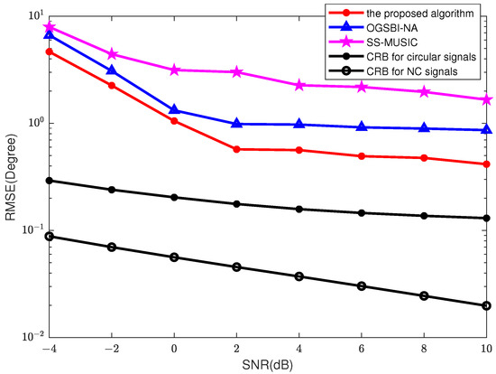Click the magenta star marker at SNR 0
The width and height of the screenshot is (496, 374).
click(174, 70)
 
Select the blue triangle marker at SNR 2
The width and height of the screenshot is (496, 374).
click(236, 124)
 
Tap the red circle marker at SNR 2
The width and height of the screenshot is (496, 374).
click(236, 149)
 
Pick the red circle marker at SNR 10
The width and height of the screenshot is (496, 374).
click(487, 164)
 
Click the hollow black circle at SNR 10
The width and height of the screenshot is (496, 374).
click(487, 305)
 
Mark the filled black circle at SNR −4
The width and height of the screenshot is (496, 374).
click(49, 181)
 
